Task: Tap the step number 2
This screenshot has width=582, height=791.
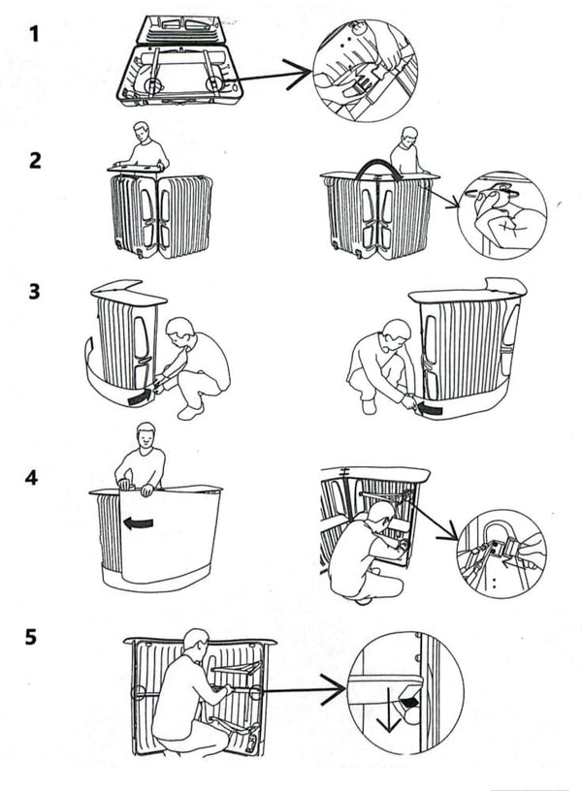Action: pyautogui.click(x=36, y=160)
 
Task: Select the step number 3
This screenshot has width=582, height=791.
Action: pyautogui.click(x=36, y=292)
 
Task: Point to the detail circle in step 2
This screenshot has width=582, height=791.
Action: pyautogui.click(x=501, y=214)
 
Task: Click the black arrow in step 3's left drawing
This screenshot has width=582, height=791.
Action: pyautogui.click(x=143, y=394)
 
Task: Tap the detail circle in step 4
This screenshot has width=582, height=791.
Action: pyautogui.click(x=501, y=554)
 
